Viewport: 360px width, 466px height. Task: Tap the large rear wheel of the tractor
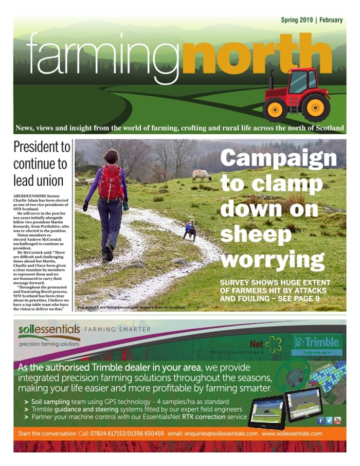pos(315,107)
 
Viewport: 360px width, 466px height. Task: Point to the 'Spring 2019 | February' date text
pos(312,20)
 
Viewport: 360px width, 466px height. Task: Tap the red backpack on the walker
pos(111,182)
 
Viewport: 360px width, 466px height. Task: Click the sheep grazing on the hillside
pos(201,175)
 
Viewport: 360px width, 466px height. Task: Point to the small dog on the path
pos(190,230)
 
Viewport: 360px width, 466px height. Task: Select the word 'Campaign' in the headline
pos(278,158)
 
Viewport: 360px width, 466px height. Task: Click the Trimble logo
pos(316,344)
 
